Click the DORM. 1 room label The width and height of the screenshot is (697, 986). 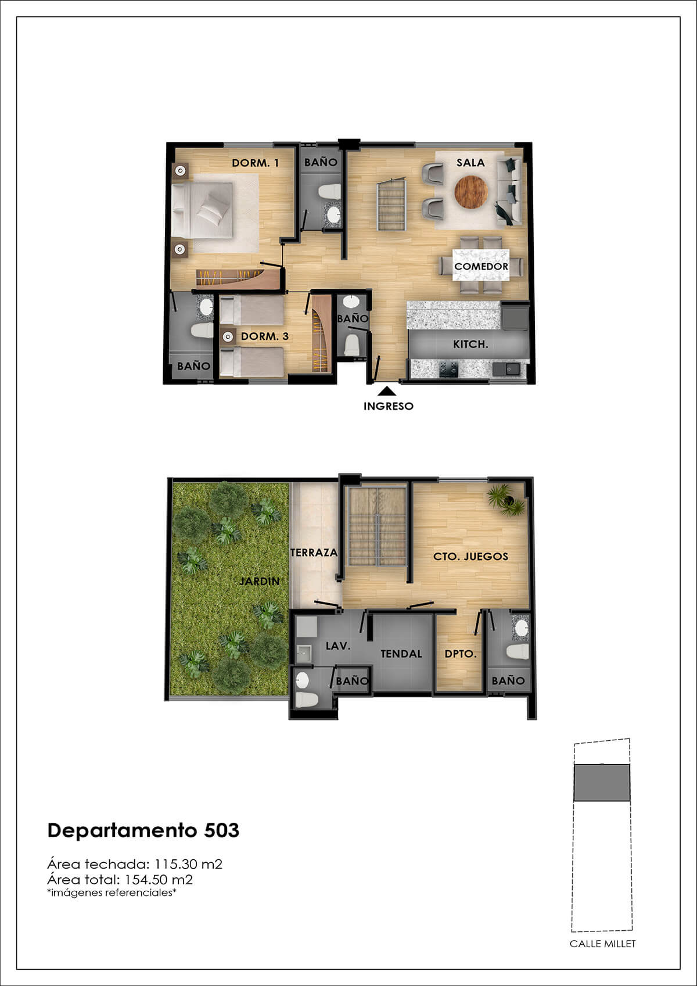(x=255, y=163)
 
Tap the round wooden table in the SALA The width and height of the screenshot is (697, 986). (x=471, y=192)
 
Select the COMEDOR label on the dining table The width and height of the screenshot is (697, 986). (x=481, y=266)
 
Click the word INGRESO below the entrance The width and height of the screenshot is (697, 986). (x=389, y=406)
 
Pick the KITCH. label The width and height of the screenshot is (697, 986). (x=470, y=344)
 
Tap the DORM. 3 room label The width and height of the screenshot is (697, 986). (x=265, y=336)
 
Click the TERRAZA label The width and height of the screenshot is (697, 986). (x=314, y=552)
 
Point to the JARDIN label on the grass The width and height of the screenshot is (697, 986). (x=260, y=581)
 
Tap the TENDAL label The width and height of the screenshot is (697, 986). (x=401, y=654)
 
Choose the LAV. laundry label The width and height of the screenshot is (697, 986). (x=338, y=646)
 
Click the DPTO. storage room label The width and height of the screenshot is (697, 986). (x=461, y=654)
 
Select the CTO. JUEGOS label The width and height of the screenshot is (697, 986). (x=471, y=557)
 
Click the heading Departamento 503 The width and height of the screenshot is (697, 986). (x=143, y=830)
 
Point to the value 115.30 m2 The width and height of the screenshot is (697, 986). (x=188, y=864)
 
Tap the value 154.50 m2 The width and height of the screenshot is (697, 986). (x=159, y=880)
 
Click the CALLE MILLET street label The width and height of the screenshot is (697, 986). (x=602, y=944)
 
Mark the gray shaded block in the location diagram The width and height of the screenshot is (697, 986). (x=602, y=783)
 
